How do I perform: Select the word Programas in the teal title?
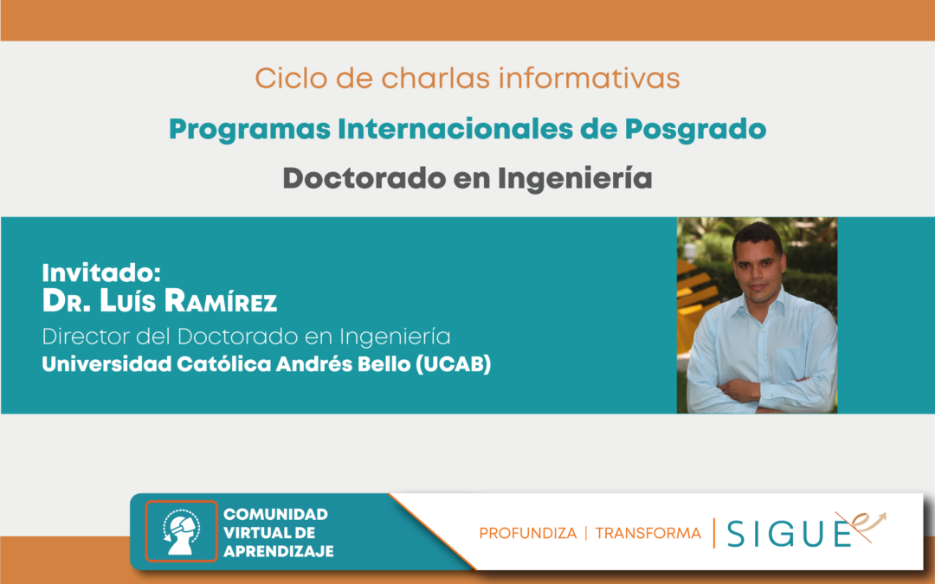click(249, 130)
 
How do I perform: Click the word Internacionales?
click(455, 129)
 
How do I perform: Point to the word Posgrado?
click(695, 130)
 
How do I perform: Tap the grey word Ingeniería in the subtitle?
click(575, 179)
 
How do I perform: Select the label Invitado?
click(101, 273)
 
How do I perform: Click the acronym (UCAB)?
click(453, 364)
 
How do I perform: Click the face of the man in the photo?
click(758, 266)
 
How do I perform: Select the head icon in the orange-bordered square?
click(181, 531)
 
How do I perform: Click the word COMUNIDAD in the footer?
click(275, 514)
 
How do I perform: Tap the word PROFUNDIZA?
click(528, 533)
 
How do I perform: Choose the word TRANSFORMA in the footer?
click(648, 533)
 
